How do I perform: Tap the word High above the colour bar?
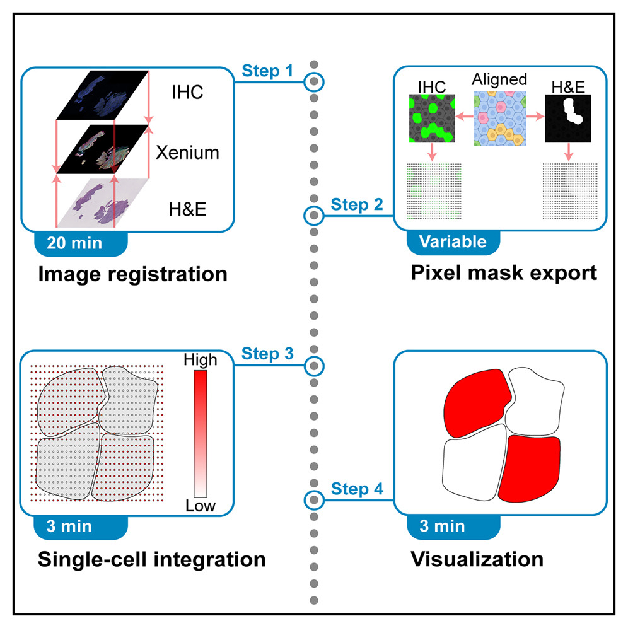click(x=200, y=360)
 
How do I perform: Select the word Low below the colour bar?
click(x=201, y=506)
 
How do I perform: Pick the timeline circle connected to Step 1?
click(x=314, y=82)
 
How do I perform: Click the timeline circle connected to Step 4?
click(x=314, y=500)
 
